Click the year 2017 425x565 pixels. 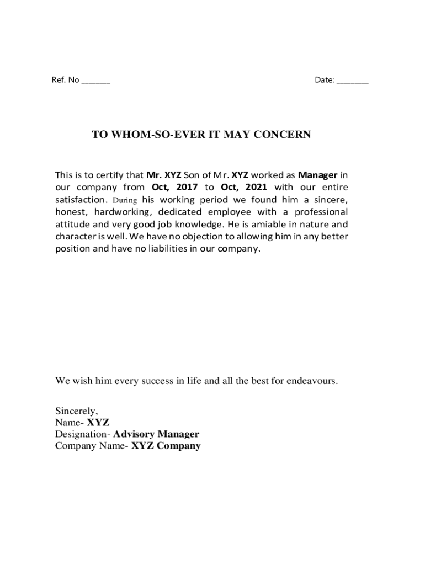[187, 188]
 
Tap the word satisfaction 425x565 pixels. [80, 200]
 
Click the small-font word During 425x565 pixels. [124, 200]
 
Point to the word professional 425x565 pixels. [321, 212]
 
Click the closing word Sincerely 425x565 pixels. [76, 411]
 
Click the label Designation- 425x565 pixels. [83, 434]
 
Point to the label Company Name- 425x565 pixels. [92, 446]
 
